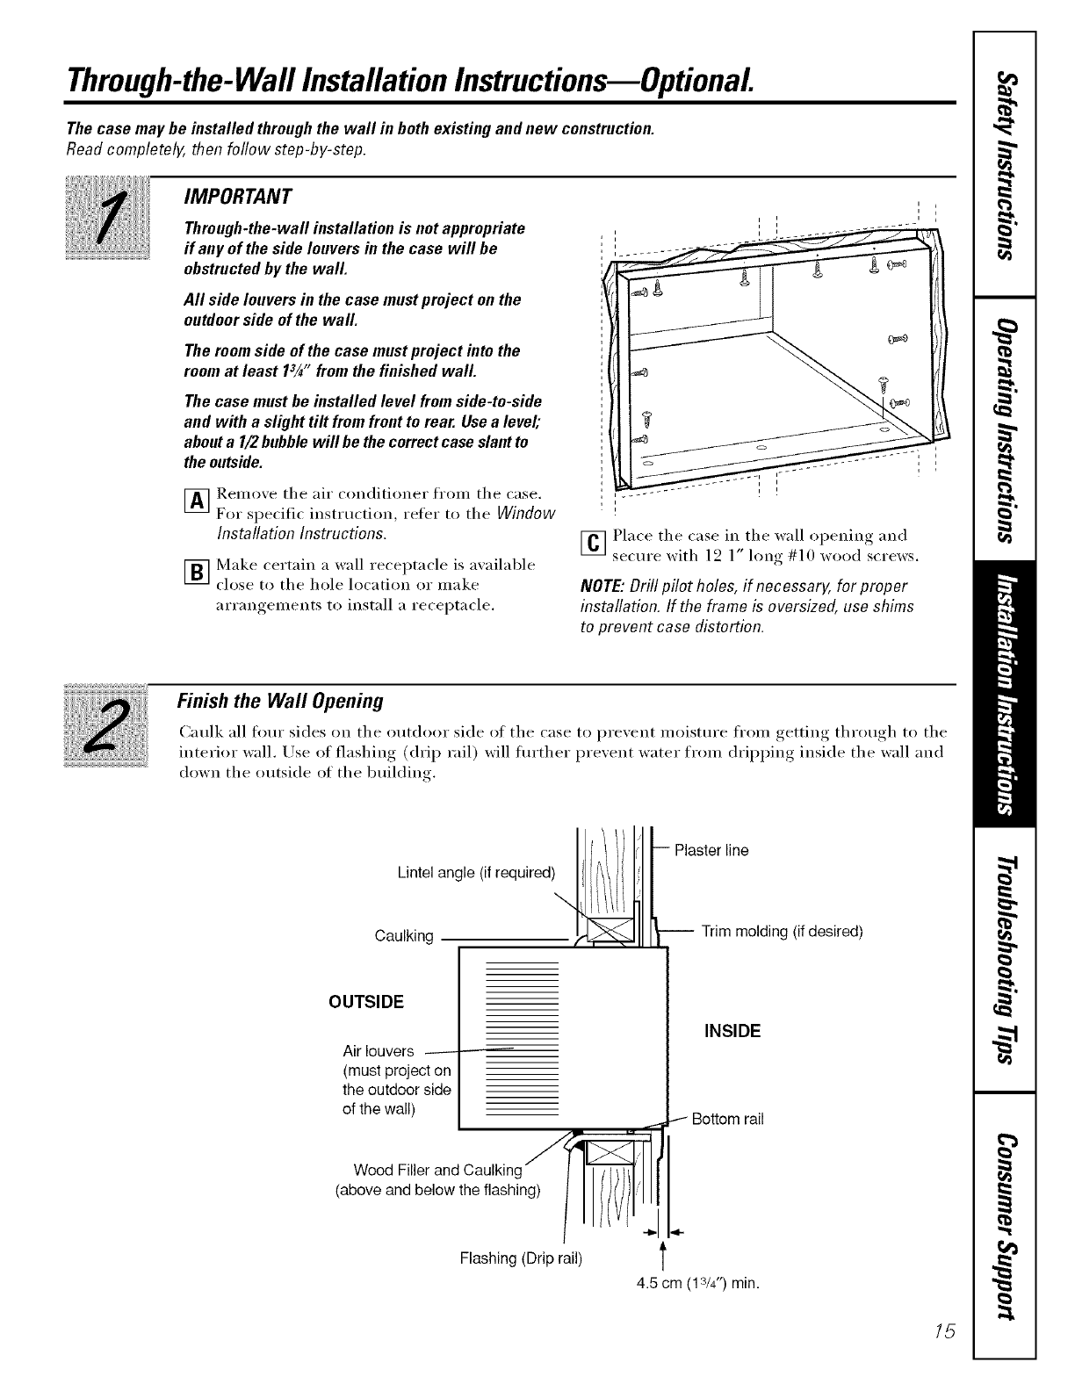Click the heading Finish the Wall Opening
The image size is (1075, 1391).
click(x=280, y=701)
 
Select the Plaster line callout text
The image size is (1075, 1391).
click(x=711, y=850)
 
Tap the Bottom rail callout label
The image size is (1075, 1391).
click(x=728, y=1119)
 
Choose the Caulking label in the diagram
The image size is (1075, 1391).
click(x=404, y=936)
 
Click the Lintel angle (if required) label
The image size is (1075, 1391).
click(x=476, y=873)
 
